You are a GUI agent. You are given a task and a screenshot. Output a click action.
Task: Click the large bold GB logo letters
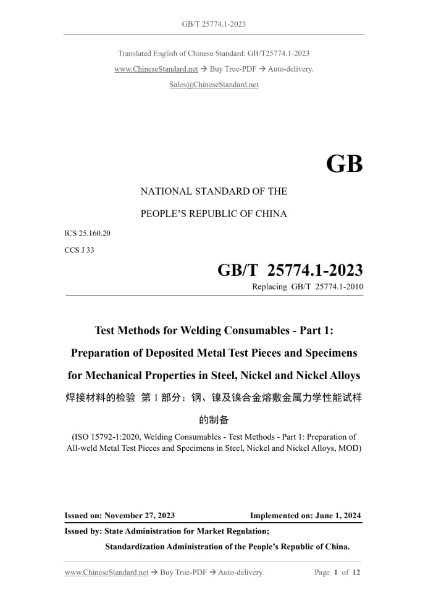[x=344, y=163]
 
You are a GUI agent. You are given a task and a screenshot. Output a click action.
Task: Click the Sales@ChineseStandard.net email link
[x=214, y=85]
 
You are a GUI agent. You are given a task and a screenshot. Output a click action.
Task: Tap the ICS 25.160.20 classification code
[x=87, y=233]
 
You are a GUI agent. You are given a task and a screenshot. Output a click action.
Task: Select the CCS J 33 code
[x=79, y=250]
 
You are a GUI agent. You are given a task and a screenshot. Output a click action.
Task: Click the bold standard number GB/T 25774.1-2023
[x=290, y=270]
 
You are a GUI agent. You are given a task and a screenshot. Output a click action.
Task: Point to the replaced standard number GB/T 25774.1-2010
[x=327, y=287]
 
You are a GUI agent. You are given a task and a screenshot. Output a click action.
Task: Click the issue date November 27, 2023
[x=140, y=516]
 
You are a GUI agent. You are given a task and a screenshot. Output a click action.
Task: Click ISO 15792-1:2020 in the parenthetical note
[x=106, y=437]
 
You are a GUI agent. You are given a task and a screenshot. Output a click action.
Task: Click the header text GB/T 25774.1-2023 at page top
[x=214, y=24]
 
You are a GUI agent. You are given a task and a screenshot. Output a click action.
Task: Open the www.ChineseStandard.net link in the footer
[x=106, y=573]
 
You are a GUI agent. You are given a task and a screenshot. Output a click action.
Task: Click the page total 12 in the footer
[x=356, y=573]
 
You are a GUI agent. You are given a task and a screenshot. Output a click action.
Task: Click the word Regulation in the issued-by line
[x=246, y=531]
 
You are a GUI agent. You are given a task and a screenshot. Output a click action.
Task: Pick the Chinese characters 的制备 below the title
[x=214, y=420]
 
